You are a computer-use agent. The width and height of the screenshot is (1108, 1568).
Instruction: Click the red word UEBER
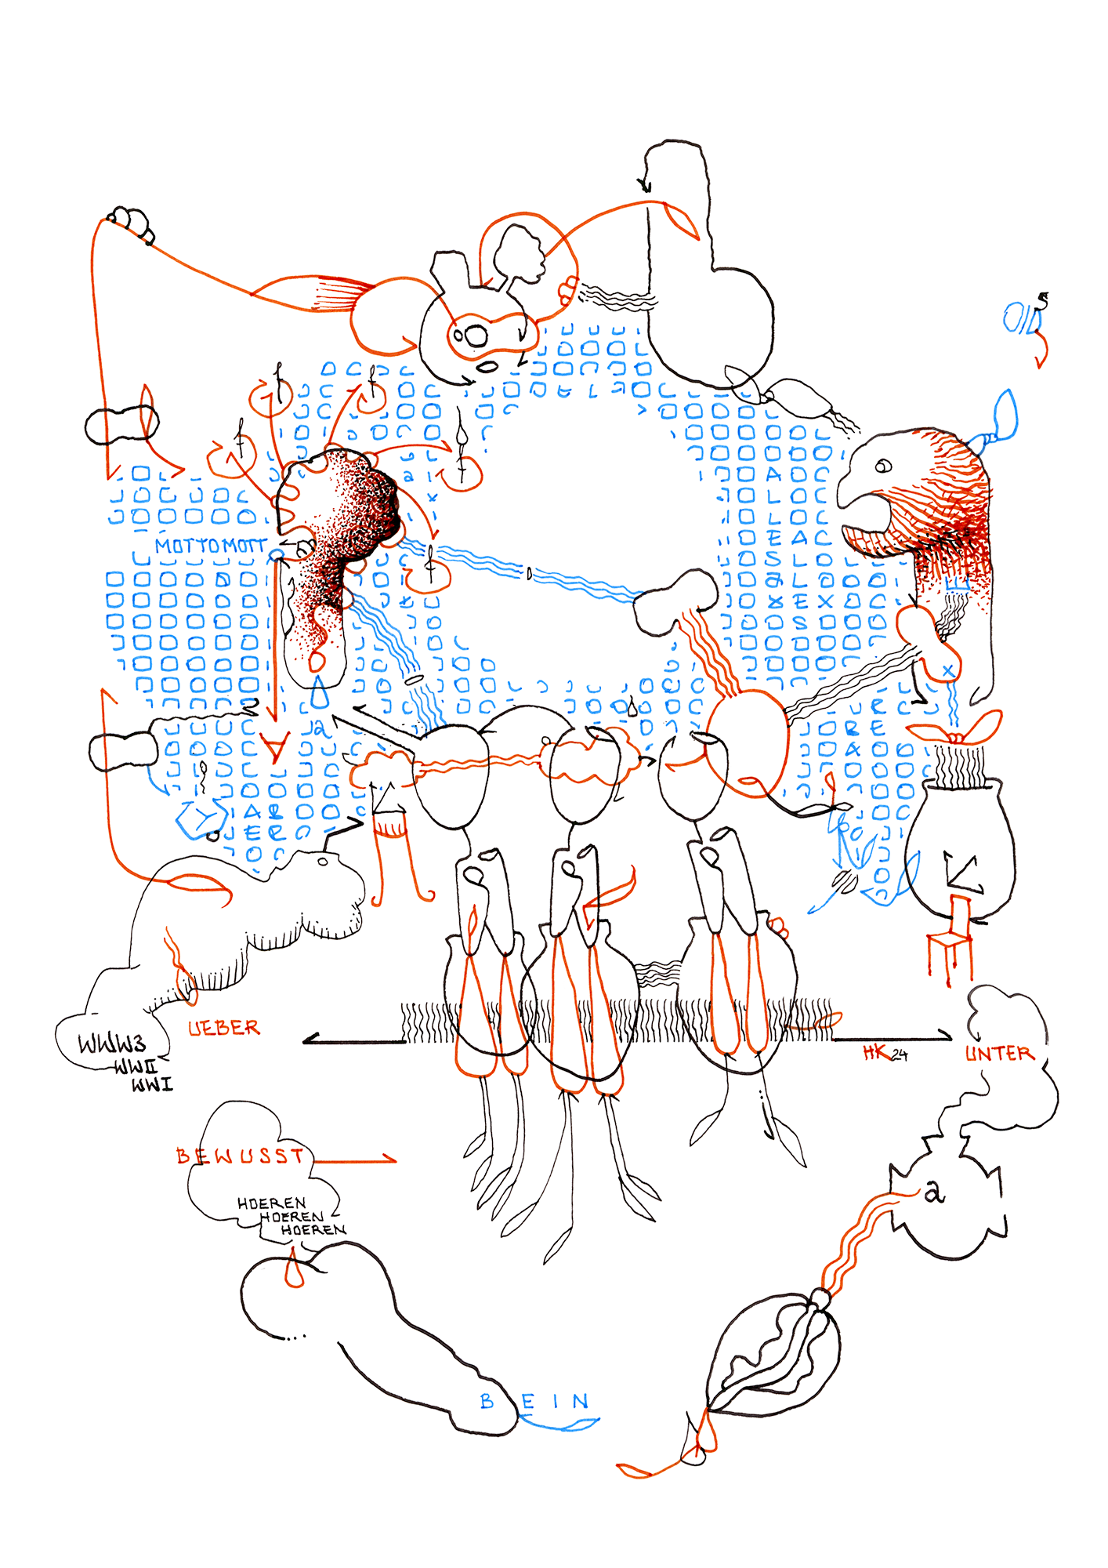[223, 1027]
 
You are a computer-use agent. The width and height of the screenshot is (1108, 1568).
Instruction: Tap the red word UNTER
[999, 1053]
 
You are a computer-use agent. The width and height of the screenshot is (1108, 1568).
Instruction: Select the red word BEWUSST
[241, 1156]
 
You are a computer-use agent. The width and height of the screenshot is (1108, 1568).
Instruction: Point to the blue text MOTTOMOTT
[209, 546]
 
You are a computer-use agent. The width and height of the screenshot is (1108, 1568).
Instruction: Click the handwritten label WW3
[112, 1044]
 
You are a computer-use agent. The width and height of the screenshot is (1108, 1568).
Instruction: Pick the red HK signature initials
[875, 1053]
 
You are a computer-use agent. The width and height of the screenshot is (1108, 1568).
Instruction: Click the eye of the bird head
[883, 466]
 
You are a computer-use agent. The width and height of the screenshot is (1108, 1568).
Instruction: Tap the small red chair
[951, 941]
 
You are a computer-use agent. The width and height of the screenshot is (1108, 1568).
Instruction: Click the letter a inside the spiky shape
[933, 1192]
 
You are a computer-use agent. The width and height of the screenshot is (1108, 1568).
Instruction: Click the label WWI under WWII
[152, 1085]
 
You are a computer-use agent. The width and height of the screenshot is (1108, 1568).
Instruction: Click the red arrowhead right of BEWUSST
[389, 1159]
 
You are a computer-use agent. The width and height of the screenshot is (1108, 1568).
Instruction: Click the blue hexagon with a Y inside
[201, 818]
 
